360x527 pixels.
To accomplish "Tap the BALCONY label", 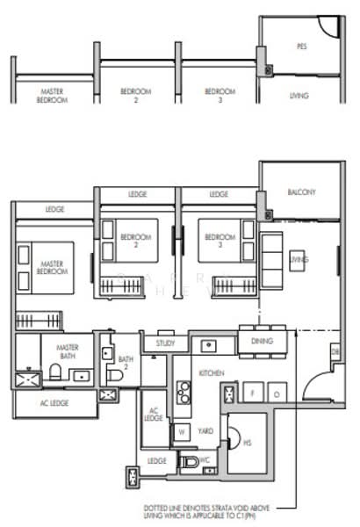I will (301, 192).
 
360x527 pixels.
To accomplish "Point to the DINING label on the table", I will (260, 341).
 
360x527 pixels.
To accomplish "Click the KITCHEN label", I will (212, 373).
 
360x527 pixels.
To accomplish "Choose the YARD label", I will (206, 432).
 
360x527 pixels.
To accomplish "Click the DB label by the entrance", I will (335, 352).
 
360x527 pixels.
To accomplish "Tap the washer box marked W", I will (182, 431).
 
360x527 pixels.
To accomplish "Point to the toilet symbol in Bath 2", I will (115, 375).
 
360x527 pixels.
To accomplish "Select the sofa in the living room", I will (274, 260).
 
